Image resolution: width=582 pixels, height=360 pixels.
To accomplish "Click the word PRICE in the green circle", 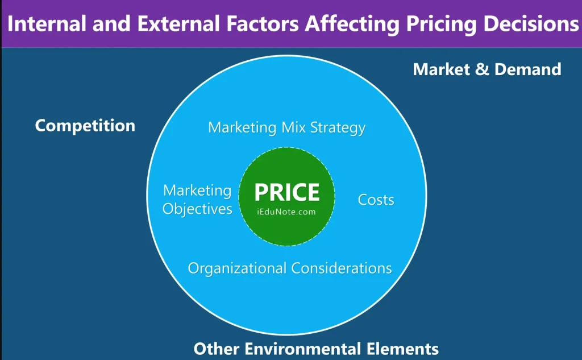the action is click(287, 192).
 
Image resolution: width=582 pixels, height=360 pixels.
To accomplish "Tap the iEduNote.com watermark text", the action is click(286, 212).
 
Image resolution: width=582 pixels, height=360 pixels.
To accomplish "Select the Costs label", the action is click(376, 200).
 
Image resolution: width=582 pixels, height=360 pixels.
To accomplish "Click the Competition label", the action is click(85, 126).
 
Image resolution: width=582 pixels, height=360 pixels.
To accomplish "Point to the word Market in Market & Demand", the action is click(441, 69).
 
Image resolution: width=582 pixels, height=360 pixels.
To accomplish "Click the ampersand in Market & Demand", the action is click(482, 69).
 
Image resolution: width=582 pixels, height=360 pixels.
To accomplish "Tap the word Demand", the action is click(528, 69).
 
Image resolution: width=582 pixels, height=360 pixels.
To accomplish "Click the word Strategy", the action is click(338, 129).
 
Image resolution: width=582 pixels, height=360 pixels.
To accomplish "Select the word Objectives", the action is click(197, 209).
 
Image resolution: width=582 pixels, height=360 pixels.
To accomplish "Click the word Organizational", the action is click(237, 268).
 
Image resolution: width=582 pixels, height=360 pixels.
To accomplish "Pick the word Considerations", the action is click(342, 268).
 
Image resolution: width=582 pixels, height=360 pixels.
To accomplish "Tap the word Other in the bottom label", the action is click(217, 349).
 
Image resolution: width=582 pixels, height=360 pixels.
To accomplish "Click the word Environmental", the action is click(302, 349).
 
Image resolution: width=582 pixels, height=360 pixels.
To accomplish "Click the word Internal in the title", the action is click(47, 24).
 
